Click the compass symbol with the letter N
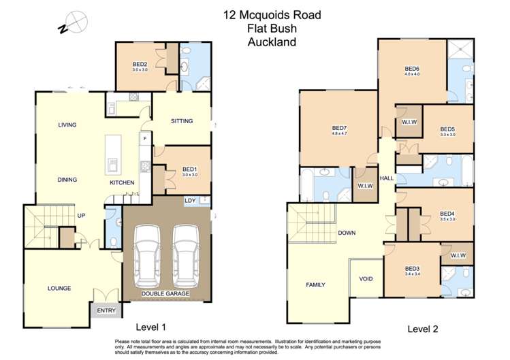coord(74,22)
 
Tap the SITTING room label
coord(182,121)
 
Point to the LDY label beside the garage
coord(191,201)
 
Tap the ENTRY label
coord(106,311)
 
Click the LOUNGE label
coord(59,289)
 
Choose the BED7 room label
coord(339,128)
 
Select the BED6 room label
coord(411,68)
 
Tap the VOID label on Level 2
coord(366,278)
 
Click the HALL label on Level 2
coord(387,178)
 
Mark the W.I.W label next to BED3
coord(457,256)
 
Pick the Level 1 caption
coord(150,326)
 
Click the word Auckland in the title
coord(272,42)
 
